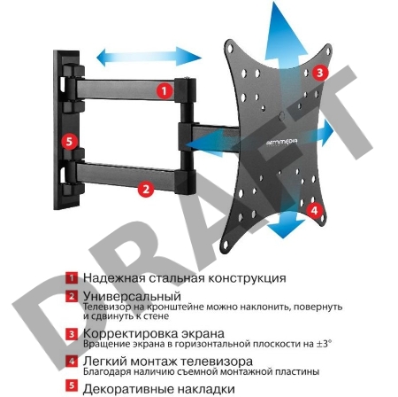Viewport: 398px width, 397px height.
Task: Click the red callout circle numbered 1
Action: tap(165, 90)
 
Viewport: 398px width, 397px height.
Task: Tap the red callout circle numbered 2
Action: tap(147, 188)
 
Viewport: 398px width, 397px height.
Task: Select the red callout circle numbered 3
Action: tap(321, 73)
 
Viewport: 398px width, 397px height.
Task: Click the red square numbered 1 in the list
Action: tap(72, 278)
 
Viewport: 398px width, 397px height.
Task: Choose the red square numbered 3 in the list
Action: tap(72, 333)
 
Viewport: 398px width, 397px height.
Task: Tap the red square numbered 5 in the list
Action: tap(72, 387)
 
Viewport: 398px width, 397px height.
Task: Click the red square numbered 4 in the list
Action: tap(72, 361)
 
